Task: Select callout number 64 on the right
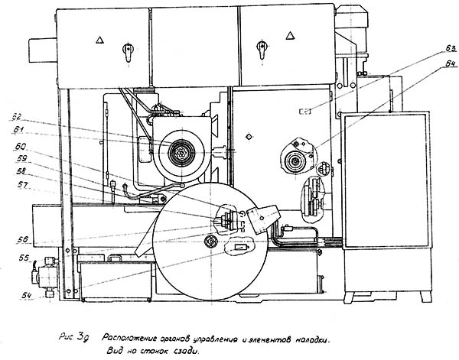[439, 65]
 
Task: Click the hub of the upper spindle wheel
[182, 154]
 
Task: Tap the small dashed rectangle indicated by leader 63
[305, 111]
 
